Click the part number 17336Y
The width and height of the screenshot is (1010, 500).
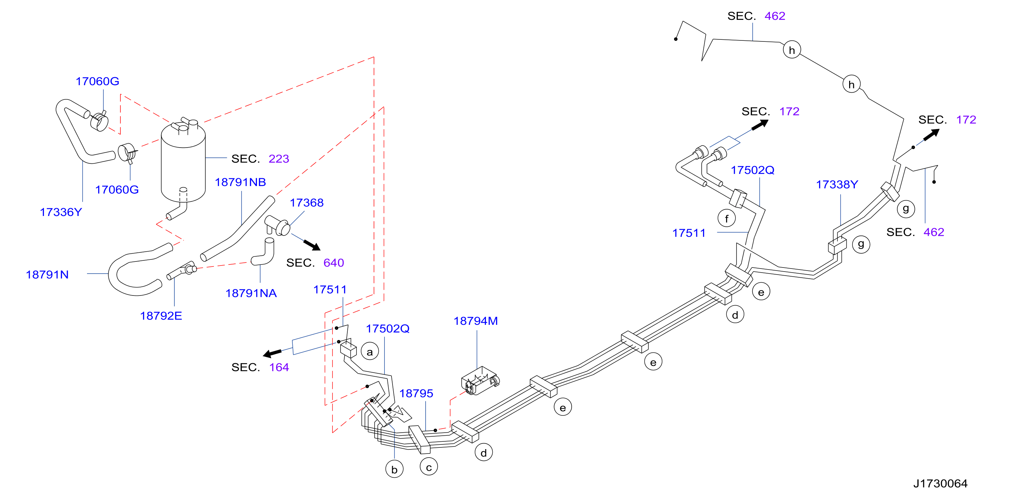[x=61, y=212]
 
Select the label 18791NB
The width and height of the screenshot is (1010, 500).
[x=240, y=182]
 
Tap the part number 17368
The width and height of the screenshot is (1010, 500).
[x=307, y=202]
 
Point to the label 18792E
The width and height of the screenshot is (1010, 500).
[x=161, y=316]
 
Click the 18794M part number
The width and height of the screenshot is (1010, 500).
[x=475, y=321]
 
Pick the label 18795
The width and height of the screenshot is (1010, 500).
[x=416, y=394]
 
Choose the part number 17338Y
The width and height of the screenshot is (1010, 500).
[x=837, y=185]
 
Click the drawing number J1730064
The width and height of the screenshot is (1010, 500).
[x=940, y=483]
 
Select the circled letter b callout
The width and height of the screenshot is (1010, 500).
[x=395, y=469]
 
